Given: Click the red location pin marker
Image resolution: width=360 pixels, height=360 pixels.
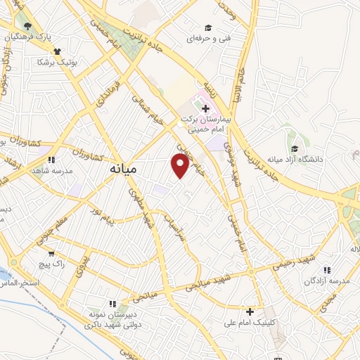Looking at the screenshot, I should point(180,166).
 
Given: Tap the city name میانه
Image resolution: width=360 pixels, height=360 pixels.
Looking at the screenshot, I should point(123,170).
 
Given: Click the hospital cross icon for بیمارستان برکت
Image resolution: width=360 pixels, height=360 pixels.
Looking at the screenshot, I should point(205,108).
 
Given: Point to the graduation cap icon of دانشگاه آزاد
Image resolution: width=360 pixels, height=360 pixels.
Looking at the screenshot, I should point(295,149).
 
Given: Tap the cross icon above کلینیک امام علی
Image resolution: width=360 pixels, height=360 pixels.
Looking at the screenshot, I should point(250,311).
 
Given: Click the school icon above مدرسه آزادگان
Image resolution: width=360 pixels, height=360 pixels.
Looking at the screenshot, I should point(326,269).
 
